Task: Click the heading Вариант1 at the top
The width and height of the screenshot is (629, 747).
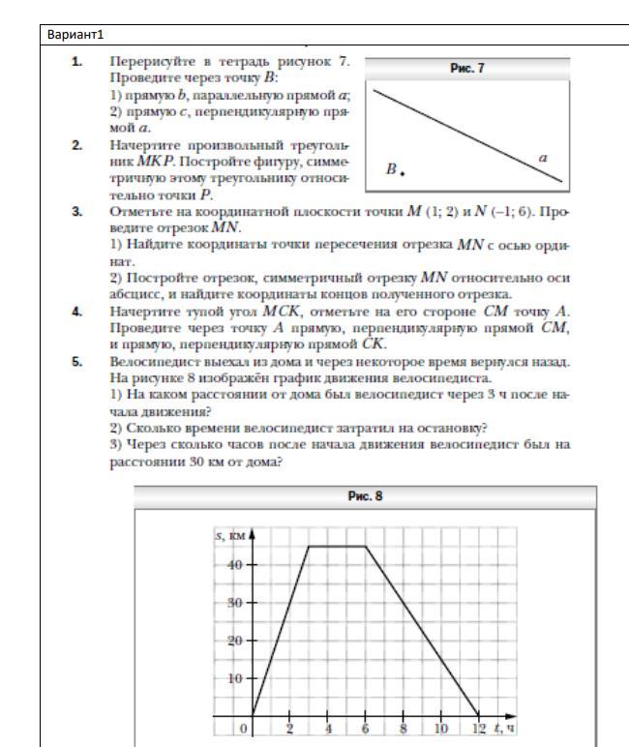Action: pyautogui.click(x=74, y=36)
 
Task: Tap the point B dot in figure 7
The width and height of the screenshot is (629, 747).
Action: pyautogui.click(x=402, y=173)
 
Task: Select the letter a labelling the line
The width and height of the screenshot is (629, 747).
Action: pyautogui.click(x=545, y=157)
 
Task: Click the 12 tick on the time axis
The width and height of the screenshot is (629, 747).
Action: pyautogui.click(x=477, y=729)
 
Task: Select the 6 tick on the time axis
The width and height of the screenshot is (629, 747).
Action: pyautogui.click(x=365, y=729)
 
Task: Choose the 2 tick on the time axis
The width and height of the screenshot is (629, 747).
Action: pyautogui.click(x=289, y=729)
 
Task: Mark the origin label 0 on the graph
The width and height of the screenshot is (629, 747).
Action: pyautogui.click(x=245, y=729)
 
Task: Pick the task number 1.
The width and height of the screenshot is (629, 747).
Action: pyautogui.click(x=75, y=61)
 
